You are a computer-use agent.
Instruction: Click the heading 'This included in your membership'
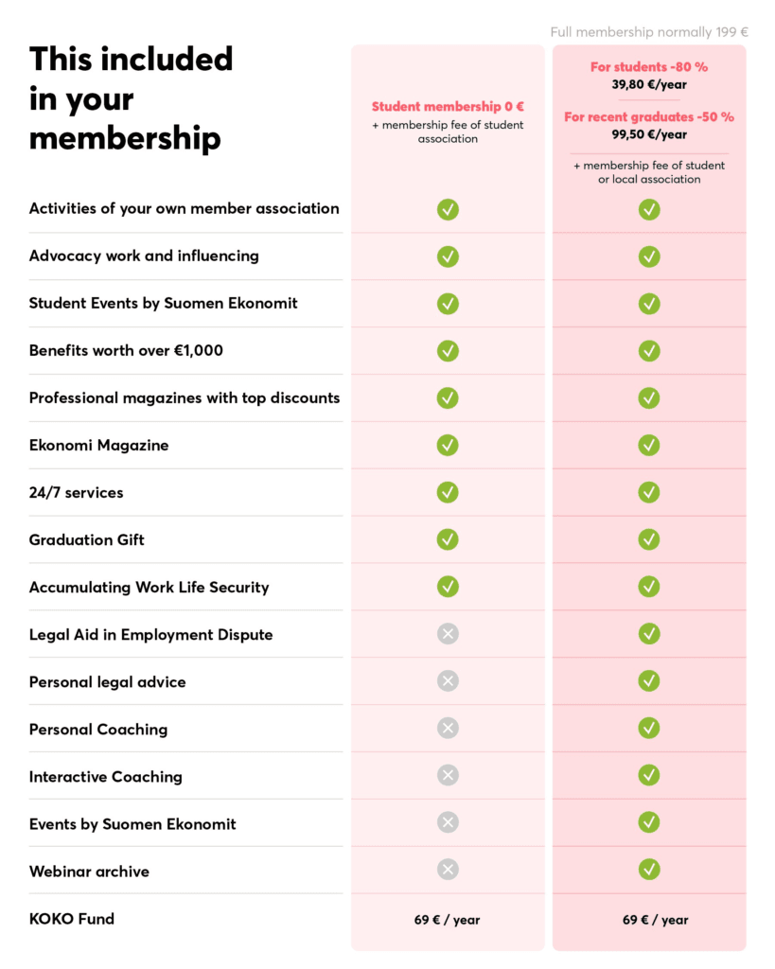[x=131, y=98]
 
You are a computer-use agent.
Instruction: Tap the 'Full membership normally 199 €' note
[x=649, y=32]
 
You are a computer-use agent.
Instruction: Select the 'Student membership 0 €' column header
[x=448, y=107]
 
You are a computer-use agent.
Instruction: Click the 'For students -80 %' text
[x=649, y=67]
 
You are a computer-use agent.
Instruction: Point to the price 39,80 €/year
[x=649, y=84]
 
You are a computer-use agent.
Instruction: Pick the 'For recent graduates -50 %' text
[x=649, y=117]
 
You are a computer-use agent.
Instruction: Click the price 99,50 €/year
[x=649, y=134]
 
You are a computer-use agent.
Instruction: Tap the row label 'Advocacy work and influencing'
[x=144, y=255]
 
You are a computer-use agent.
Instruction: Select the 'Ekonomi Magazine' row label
[x=98, y=445]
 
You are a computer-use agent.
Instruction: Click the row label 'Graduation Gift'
[x=87, y=539]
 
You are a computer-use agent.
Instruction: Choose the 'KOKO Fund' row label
[x=72, y=918]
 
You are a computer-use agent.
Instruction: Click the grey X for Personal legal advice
[x=448, y=681]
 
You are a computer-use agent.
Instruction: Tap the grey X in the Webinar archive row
[x=448, y=870]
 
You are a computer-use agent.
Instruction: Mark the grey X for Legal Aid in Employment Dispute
[x=448, y=634]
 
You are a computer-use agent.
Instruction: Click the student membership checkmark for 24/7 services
[x=448, y=492]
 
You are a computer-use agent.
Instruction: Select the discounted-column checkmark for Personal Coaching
[x=649, y=728]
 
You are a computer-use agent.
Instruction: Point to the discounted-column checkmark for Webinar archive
[x=649, y=870]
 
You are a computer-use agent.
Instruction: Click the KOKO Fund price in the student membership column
[x=448, y=920]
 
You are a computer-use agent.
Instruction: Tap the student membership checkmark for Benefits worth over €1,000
[x=448, y=351]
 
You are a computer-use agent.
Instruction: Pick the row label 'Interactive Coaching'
[x=106, y=776]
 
